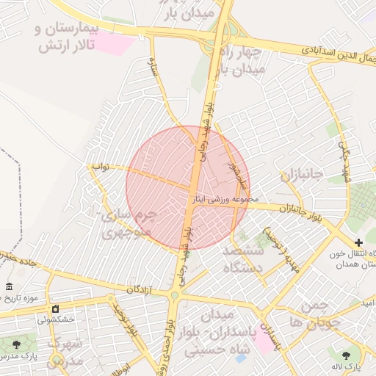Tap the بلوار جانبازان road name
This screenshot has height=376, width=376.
pyautogui.click(x=300, y=210)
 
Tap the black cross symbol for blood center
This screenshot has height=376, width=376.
pyautogui.click(x=358, y=242)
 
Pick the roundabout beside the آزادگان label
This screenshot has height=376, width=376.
pyautogui.click(x=174, y=295)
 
